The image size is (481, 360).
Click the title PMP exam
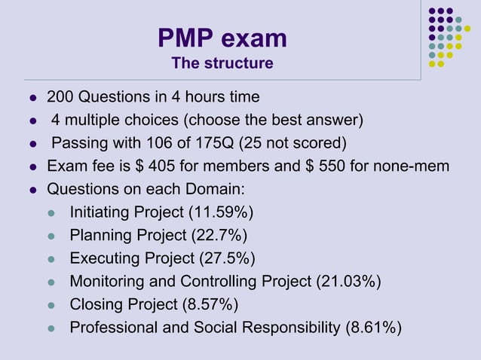click(222, 38)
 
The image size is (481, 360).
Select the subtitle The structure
click(222, 63)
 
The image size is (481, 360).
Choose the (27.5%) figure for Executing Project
click(227, 258)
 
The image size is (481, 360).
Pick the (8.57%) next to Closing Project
click(210, 304)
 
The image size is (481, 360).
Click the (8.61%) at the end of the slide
click(372, 328)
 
